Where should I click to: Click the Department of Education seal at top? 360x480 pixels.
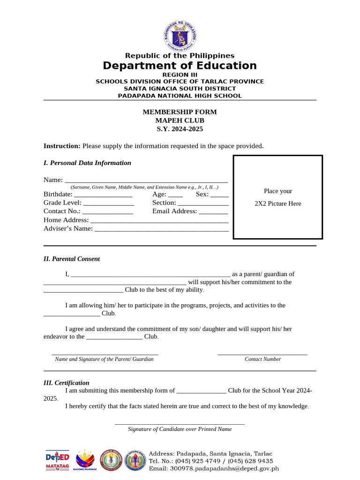click(180, 36)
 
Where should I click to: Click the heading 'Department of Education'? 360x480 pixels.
click(180, 66)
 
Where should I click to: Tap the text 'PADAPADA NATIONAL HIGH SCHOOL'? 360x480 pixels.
click(180, 96)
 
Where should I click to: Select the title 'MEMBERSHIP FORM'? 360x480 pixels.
click(180, 112)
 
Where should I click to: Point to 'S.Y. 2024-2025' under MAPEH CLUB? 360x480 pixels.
click(180, 129)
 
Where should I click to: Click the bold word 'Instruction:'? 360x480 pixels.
click(62, 146)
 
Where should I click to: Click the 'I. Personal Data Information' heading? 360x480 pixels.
click(87, 163)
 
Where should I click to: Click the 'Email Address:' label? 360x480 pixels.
click(174, 211)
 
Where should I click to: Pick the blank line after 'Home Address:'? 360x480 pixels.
click(159, 220)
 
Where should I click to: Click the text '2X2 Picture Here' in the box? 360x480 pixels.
click(278, 203)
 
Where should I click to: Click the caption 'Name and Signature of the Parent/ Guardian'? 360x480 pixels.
click(104, 359)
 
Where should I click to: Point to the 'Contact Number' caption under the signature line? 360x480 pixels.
click(262, 359)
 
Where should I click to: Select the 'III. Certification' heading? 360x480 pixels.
click(67, 383)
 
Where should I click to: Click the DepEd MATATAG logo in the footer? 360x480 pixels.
click(57, 460)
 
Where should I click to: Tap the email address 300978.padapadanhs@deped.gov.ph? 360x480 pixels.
click(214, 468)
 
